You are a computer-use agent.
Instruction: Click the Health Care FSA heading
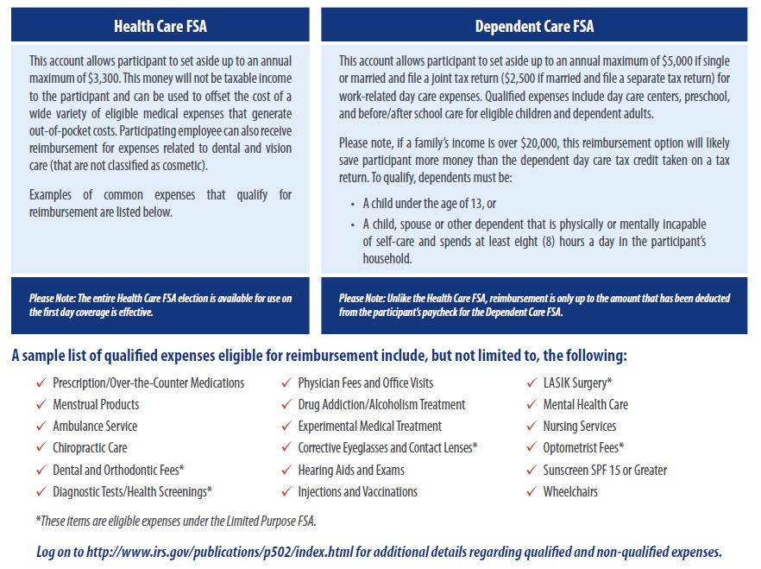pos(160,27)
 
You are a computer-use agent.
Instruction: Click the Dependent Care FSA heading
pos(534,27)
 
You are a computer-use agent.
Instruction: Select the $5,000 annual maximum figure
pos(677,60)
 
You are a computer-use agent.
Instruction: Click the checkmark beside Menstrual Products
pos(40,404)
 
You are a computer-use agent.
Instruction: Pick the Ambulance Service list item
pos(95,426)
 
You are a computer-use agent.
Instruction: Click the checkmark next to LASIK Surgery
pos(531,382)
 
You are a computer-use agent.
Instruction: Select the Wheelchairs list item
pos(570,491)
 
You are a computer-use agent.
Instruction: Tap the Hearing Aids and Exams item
pos(351,470)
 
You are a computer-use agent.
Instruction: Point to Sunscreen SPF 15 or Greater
pos(605,470)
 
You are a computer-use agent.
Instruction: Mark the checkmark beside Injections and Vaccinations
pos(286,491)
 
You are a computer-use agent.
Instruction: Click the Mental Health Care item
pos(585,404)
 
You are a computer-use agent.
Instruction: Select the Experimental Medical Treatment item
pos(369,426)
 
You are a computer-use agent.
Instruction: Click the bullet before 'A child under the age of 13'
pos(354,204)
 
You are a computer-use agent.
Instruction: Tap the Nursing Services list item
pos(579,426)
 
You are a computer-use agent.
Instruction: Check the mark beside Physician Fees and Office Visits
pos(286,382)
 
